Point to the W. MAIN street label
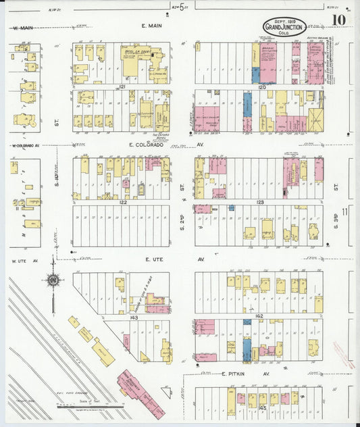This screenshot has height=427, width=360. (23, 28)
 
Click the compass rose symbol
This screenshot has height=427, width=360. (53, 278)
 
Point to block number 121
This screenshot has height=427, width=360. (123, 87)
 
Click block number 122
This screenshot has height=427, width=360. (123, 202)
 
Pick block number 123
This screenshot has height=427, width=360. (260, 202)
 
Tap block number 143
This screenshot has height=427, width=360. (134, 316)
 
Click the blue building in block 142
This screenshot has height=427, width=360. (247, 348)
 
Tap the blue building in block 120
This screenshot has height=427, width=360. (247, 105)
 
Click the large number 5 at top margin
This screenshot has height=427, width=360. (173, 9)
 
